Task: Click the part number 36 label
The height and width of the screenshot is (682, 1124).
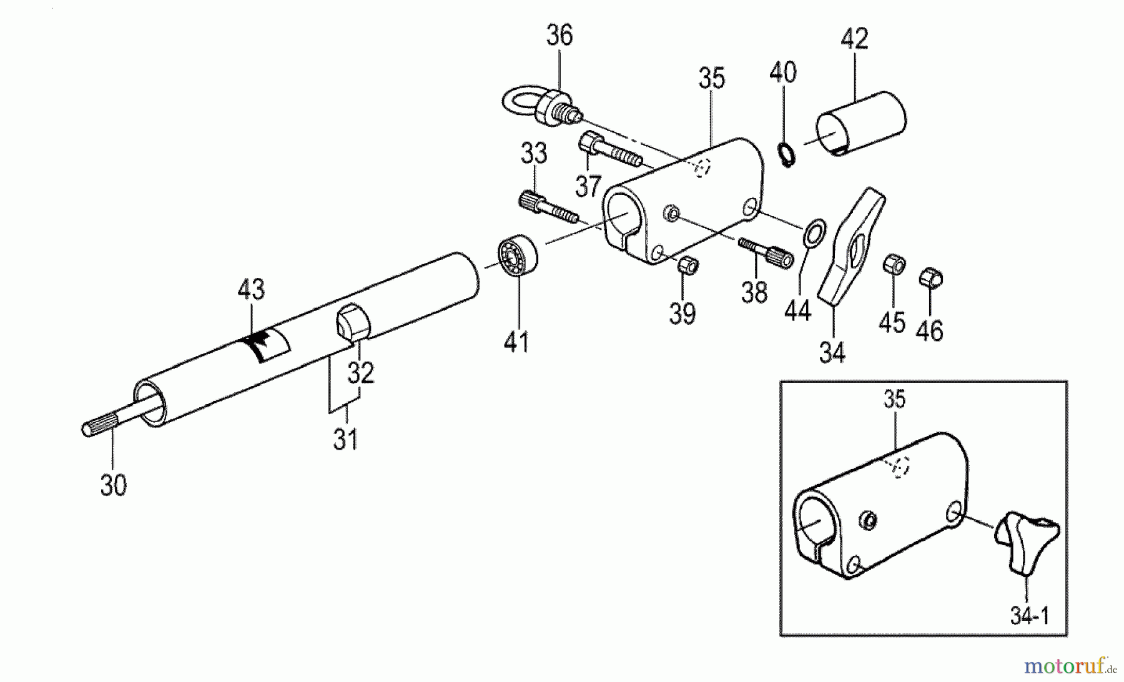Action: click(559, 36)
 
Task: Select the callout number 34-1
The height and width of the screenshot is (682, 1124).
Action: click(1030, 616)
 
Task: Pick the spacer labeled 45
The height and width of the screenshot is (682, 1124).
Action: click(894, 265)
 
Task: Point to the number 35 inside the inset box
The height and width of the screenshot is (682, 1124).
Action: click(894, 399)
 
